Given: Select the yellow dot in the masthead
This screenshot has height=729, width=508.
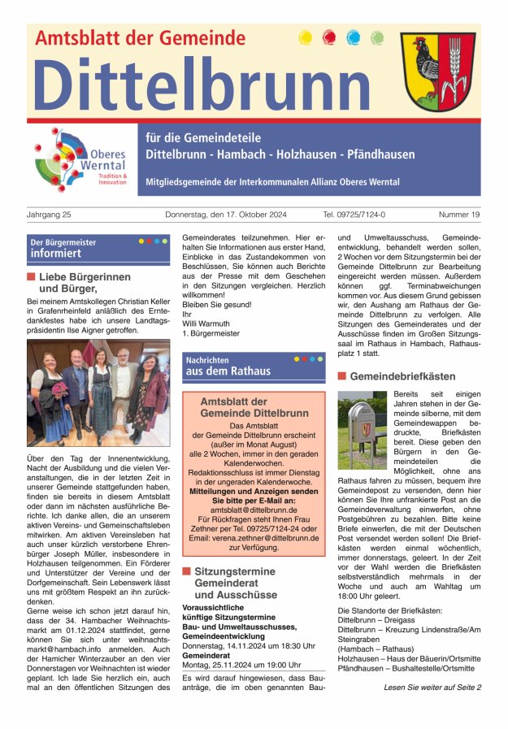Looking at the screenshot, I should pyautogui.click(x=306, y=37).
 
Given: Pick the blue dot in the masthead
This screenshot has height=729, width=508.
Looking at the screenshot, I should pyautogui.click(x=353, y=37).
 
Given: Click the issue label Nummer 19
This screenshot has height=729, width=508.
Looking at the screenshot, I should pyautogui.click(x=459, y=215).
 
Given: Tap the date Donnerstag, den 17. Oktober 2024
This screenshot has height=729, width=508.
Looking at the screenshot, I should pyautogui.click(x=226, y=215).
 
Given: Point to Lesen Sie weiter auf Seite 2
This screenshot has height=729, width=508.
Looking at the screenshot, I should pyautogui.click(x=432, y=688).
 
